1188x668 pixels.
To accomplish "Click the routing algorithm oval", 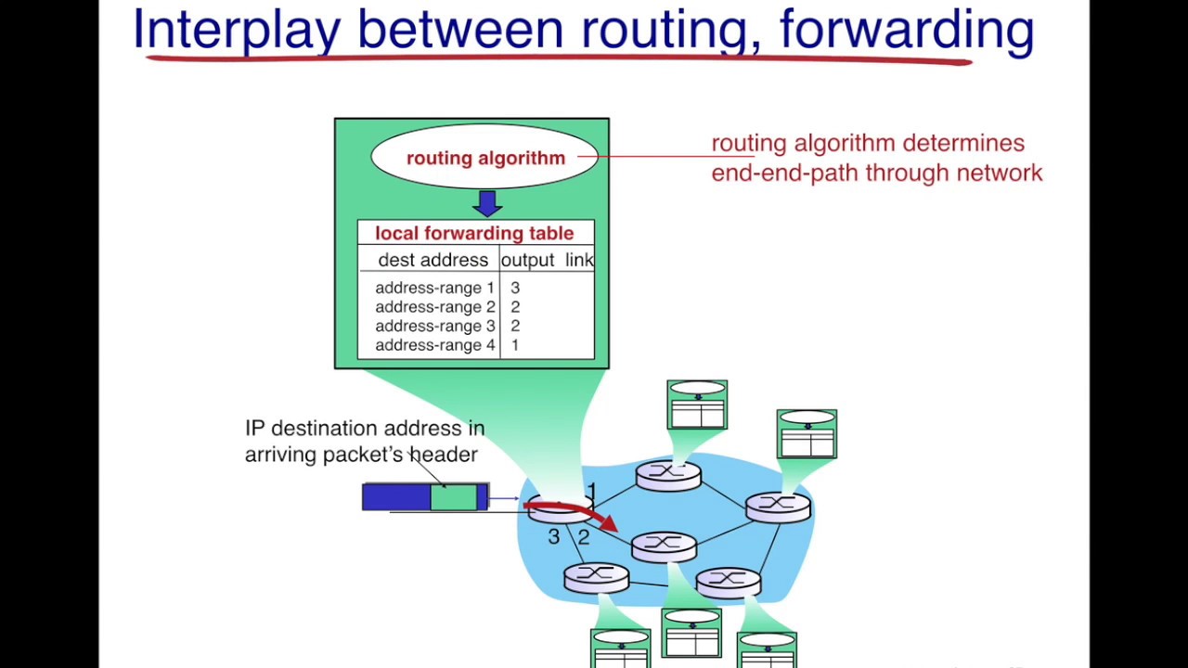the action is (x=484, y=157).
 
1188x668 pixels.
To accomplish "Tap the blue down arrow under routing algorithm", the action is (x=487, y=203).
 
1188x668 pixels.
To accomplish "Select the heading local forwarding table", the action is (x=474, y=233).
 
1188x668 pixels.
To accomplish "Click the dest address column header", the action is (x=433, y=260).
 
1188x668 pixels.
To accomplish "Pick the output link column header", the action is (x=548, y=260).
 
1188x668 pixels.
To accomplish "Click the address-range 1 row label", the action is (x=434, y=288).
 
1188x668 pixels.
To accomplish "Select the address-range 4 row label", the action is (x=435, y=345).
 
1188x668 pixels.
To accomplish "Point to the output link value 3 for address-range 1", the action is (x=515, y=288).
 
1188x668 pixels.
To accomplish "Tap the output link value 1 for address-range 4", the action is (x=515, y=345).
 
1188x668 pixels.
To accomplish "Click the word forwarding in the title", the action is (x=907, y=30).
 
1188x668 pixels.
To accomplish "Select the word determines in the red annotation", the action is (x=963, y=143).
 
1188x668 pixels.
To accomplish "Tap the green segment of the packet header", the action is (x=454, y=497).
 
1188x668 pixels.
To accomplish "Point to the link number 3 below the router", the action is (x=554, y=537).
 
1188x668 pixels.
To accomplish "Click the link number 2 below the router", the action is (x=584, y=537).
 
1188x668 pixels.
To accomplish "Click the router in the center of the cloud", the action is (x=664, y=547).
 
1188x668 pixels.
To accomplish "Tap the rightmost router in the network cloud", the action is (x=778, y=507).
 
